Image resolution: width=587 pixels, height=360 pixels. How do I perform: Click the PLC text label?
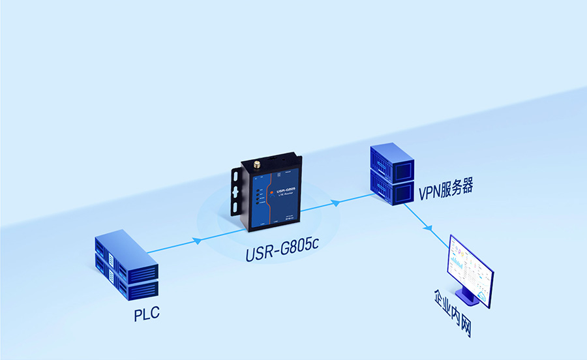147,316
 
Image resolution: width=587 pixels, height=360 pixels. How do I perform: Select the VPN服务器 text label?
445,189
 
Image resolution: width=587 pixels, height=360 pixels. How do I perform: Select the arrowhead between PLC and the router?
196,241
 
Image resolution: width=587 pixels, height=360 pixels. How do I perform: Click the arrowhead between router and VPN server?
335,203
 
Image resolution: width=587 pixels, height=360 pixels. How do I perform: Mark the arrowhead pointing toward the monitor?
429,228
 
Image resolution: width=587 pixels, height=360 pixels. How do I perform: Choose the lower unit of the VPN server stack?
392,187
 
